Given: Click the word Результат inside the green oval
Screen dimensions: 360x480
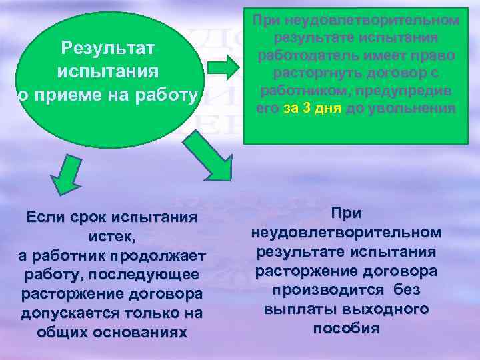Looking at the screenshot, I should click(x=107, y=47).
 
